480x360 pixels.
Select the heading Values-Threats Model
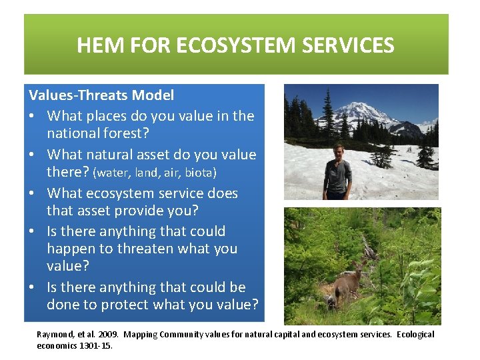(101, 95)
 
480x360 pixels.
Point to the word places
(114, 116)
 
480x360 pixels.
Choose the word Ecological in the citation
(415, 335)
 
